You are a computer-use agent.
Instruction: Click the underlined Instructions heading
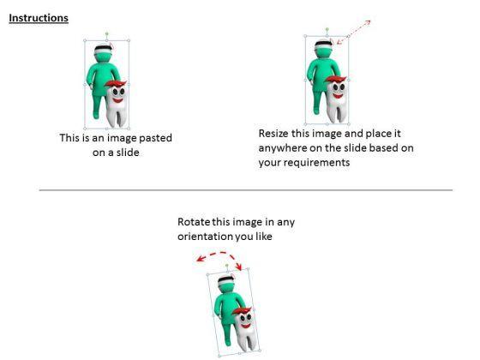[39, 18]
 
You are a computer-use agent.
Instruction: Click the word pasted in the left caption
[155, 138]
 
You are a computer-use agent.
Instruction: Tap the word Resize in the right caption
[273, 134]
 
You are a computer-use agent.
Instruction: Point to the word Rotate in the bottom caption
[194, 222]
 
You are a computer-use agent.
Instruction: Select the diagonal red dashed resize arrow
[353, 33]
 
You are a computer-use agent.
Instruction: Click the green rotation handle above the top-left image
[107, 33]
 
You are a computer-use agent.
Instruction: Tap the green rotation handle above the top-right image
[327, 29]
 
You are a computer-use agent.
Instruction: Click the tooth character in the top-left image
[116, 104]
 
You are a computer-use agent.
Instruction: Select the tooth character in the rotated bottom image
[244, 329]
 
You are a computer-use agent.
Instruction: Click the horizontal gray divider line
[246, 190]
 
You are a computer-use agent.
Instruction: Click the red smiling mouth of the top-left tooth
[117, 100]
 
